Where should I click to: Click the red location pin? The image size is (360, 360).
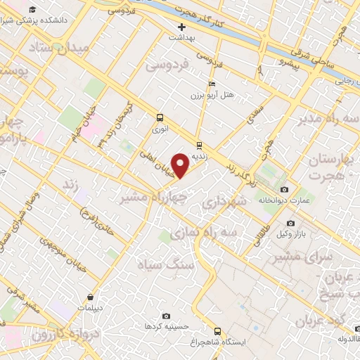pyautogui.click(x=181, y=165)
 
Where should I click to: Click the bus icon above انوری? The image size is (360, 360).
pyautogui.click(x=160, y=117)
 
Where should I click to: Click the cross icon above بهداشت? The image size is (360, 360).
pyautogui.click(x=181, y=27)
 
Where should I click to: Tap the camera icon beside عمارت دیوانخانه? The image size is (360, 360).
pyautogui.click(x=284, y=189)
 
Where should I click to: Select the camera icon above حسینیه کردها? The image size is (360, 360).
pyautogui.click(x=166, y=316)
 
